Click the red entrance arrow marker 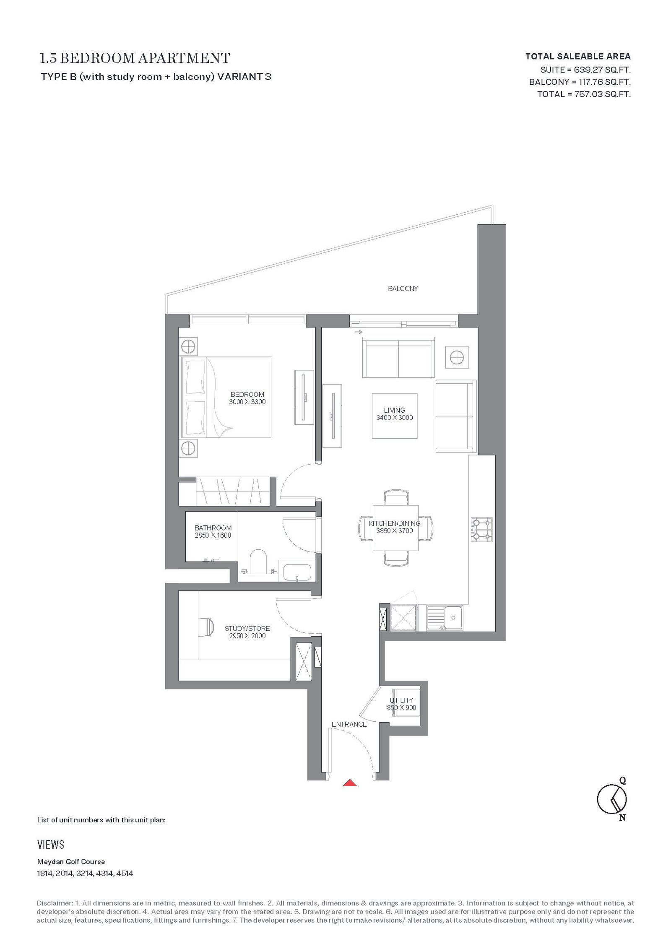(349, 783)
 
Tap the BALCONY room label (403, 289)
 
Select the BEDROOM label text (247, 395)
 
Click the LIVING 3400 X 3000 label (395, 414)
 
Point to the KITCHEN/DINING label (394, 523)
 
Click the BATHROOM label (213, 528)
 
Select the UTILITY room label (401, 700)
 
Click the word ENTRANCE (349, 724)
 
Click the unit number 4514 (125, 871)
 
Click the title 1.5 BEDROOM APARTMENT (135, 57)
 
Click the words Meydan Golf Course (71, 859)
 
